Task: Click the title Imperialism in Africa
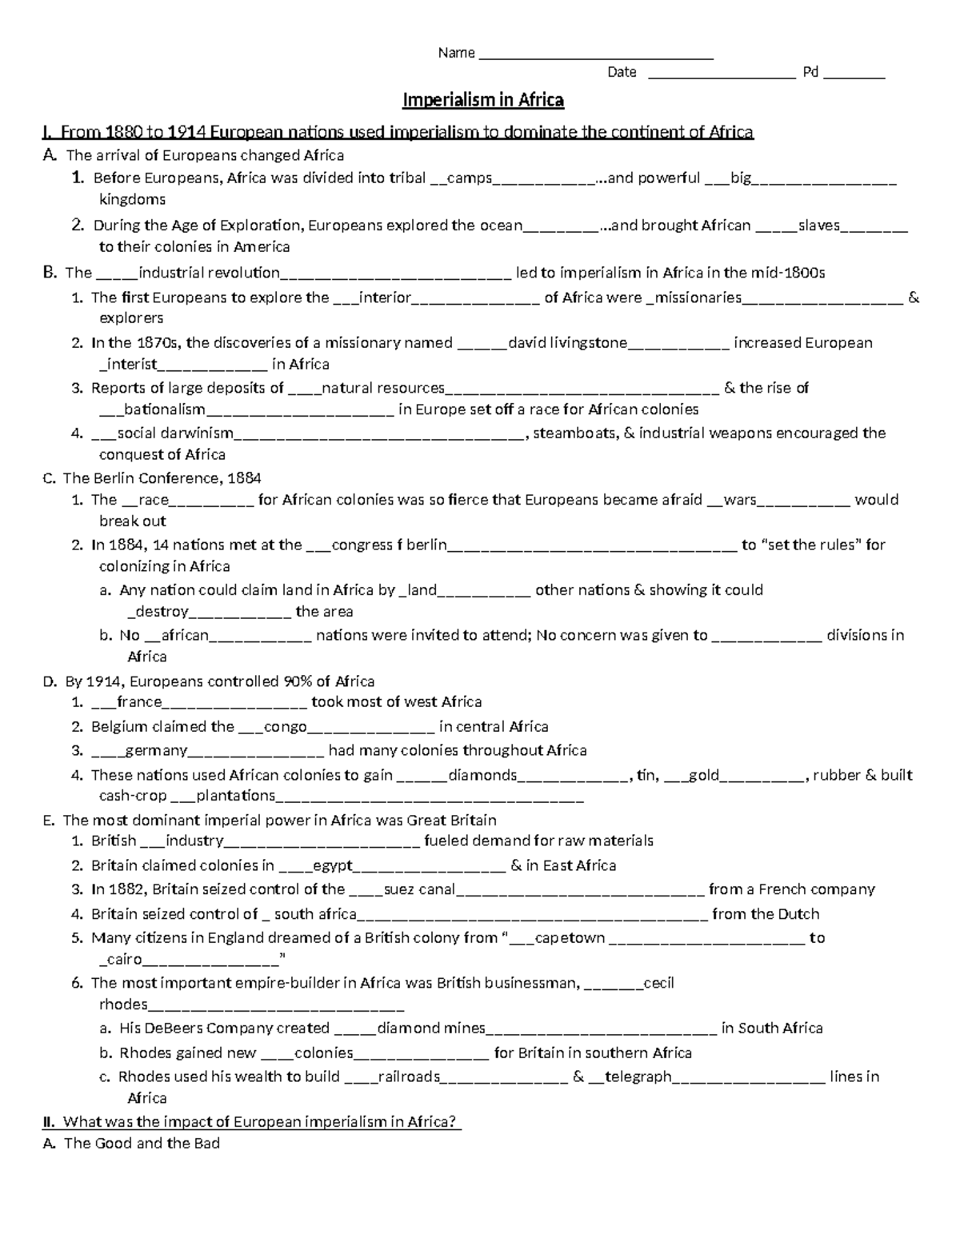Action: [x=482, y=100]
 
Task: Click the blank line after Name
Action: [x=595, y=56]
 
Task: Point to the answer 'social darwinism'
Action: [x=175, y=433]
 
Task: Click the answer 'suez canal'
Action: [x=419, y=889]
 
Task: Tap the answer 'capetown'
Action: [x=570, y=937]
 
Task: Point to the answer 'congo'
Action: [x=285, y=726]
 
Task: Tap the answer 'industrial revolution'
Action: [x=209, y=273]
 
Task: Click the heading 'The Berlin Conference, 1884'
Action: [x=162, y=478]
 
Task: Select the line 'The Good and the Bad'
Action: [x=142, y=1143]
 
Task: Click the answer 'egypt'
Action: [x=333, y=865]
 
